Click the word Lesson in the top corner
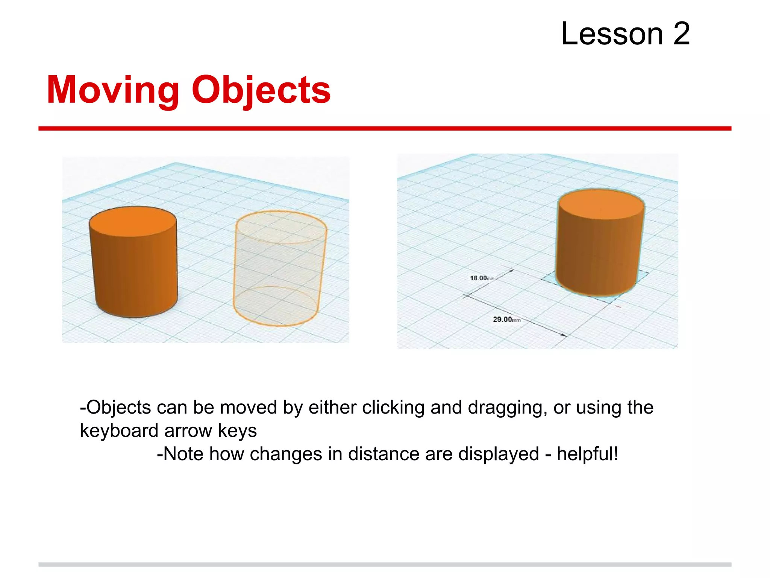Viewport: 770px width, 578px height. [612, 34]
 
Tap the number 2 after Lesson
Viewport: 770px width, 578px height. [681, 34]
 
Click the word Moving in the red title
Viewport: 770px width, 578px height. [113, 90]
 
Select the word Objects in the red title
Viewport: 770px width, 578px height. [261, 90]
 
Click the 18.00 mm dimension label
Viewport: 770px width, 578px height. [482, 278]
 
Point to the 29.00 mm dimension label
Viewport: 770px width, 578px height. [506, 319]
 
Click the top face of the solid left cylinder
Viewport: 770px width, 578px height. [133, 221]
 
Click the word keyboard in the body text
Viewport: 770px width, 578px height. [119, 431]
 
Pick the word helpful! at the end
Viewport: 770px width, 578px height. [587, 454]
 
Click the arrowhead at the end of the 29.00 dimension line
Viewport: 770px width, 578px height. [565, 335]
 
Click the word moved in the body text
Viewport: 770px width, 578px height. [249, 408]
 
